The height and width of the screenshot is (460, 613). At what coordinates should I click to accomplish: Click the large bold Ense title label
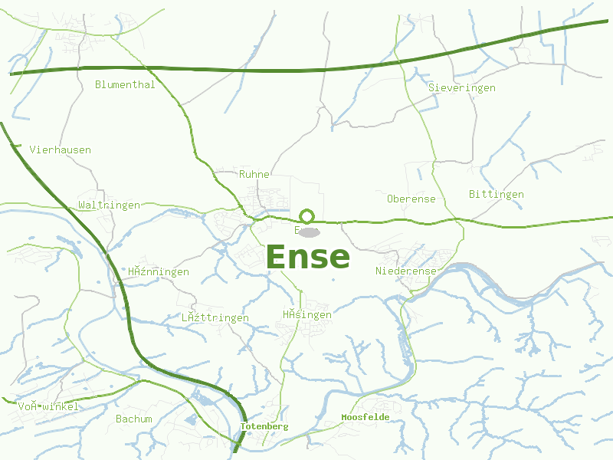tap(307, 258)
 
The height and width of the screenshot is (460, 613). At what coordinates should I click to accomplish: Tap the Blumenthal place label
tap(125, 84)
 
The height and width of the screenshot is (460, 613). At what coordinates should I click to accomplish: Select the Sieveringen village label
tap(461, 88)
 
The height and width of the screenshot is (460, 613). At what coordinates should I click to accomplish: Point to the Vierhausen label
tap(60, 149)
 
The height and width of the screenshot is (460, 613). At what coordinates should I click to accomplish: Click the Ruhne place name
tap(254, 174)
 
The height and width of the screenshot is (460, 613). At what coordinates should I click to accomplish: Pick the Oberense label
tap(411, 199)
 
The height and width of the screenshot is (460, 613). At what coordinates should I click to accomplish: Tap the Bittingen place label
tap(496, 194)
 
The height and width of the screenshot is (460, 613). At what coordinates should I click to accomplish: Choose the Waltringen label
tap(109, 205)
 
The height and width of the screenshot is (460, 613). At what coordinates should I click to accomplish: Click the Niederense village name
tap(405, 271)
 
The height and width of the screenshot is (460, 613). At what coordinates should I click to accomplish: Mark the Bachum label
tap(134, 419)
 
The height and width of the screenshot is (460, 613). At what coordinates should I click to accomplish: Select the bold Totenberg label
tap(264, 426)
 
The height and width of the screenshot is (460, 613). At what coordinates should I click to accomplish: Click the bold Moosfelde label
tap(365, 417)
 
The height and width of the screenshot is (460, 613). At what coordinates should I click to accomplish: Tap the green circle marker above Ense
tap(306, 216)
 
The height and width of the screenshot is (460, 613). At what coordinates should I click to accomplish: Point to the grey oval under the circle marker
tap(308, 232)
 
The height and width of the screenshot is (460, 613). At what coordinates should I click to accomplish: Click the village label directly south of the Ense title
tap(306, 314)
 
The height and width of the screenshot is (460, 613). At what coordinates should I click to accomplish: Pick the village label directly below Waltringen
tap(159, 271)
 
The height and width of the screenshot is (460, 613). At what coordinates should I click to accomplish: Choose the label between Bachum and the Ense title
tap(215, 317)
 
